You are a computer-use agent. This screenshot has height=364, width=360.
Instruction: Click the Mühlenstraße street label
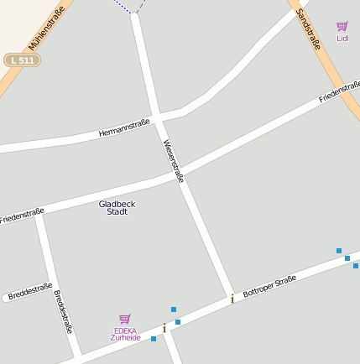point(46,32)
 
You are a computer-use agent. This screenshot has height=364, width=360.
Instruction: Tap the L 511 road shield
point(22,60)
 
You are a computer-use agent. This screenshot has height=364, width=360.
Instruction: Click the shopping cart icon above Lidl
point(342,27)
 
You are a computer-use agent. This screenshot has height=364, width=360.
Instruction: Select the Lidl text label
point(342,38)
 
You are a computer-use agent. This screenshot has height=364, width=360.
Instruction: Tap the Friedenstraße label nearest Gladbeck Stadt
point(23,216)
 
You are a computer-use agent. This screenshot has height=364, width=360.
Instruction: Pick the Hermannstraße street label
point(123,128)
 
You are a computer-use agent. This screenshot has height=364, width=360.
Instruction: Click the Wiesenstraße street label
point(173,160)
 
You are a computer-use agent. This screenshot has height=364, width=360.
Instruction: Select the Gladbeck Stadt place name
point(117,207)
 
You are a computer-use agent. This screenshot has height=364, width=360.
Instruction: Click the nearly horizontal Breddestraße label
point(30,292)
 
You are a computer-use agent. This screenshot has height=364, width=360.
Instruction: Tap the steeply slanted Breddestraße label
point(63,311)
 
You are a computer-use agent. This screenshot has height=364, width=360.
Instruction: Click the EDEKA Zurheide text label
point(125,334)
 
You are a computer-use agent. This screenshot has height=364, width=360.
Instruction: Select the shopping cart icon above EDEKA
point(125,319)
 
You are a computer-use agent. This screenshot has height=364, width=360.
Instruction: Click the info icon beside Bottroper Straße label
point(232,298)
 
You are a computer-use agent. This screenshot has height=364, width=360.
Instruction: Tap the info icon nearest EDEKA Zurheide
point(164,328)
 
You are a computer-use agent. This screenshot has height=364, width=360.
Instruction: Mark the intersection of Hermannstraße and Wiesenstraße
point(157,116)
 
